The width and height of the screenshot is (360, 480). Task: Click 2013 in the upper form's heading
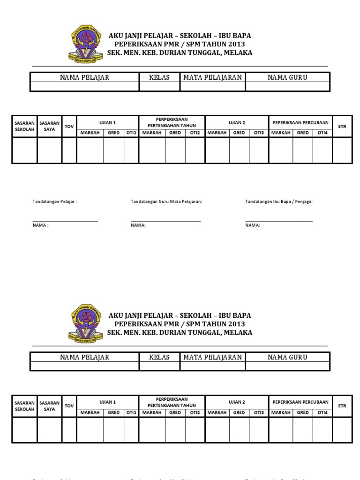pos(236,44)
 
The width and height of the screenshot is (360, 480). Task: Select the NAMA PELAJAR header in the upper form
pos(84,77)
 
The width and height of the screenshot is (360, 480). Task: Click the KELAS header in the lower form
pos(159,357)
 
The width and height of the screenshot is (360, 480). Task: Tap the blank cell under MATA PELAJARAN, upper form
pos(213,87)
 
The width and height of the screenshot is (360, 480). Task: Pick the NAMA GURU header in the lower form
pos(287,357)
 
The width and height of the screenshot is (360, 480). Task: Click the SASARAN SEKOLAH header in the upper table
pos(24,126)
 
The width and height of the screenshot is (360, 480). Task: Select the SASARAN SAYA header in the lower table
pos(49,406)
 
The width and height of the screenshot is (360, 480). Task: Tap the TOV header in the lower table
pos(69,406)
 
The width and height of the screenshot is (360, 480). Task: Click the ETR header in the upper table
pos(342,127)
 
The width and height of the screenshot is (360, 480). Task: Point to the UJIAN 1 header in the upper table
pos(107,123)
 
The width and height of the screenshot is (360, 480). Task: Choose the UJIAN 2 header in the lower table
pos(236,402)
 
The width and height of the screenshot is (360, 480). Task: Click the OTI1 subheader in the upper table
pos(131,133)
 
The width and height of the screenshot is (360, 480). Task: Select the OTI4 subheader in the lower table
pos(322,412)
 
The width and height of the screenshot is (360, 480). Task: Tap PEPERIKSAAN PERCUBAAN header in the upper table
pos(300,123)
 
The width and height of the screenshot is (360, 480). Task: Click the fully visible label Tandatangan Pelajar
pos(54,202)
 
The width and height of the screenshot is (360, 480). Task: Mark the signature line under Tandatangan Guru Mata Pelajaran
pos(165,221)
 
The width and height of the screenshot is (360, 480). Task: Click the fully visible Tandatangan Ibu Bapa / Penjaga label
pos(279,202)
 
